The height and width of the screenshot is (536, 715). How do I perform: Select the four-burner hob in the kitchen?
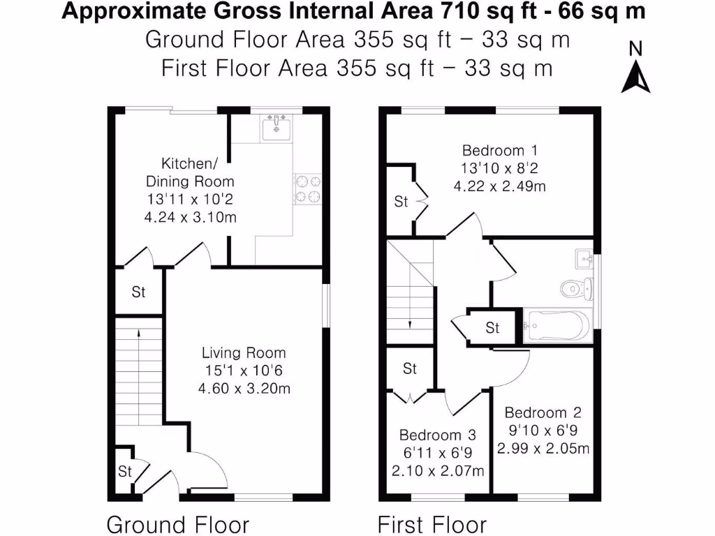coord(308,189)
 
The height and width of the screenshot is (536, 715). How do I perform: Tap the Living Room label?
coord(244,353)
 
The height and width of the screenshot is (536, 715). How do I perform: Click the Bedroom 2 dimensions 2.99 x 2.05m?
coord(543,448)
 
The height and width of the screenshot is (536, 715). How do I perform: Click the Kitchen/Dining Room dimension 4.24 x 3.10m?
coord(190,217)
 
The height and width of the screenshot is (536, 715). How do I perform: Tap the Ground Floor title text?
coord(177,524)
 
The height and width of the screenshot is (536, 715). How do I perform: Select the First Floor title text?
coord(432,524)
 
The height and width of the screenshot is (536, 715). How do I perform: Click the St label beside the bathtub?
coord(492,327)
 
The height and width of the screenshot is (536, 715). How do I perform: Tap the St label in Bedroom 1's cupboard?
coord(401,202)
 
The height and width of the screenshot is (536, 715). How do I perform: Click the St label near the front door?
coord(125,472)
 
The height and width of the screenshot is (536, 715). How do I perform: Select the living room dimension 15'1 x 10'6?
coord(244,371)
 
